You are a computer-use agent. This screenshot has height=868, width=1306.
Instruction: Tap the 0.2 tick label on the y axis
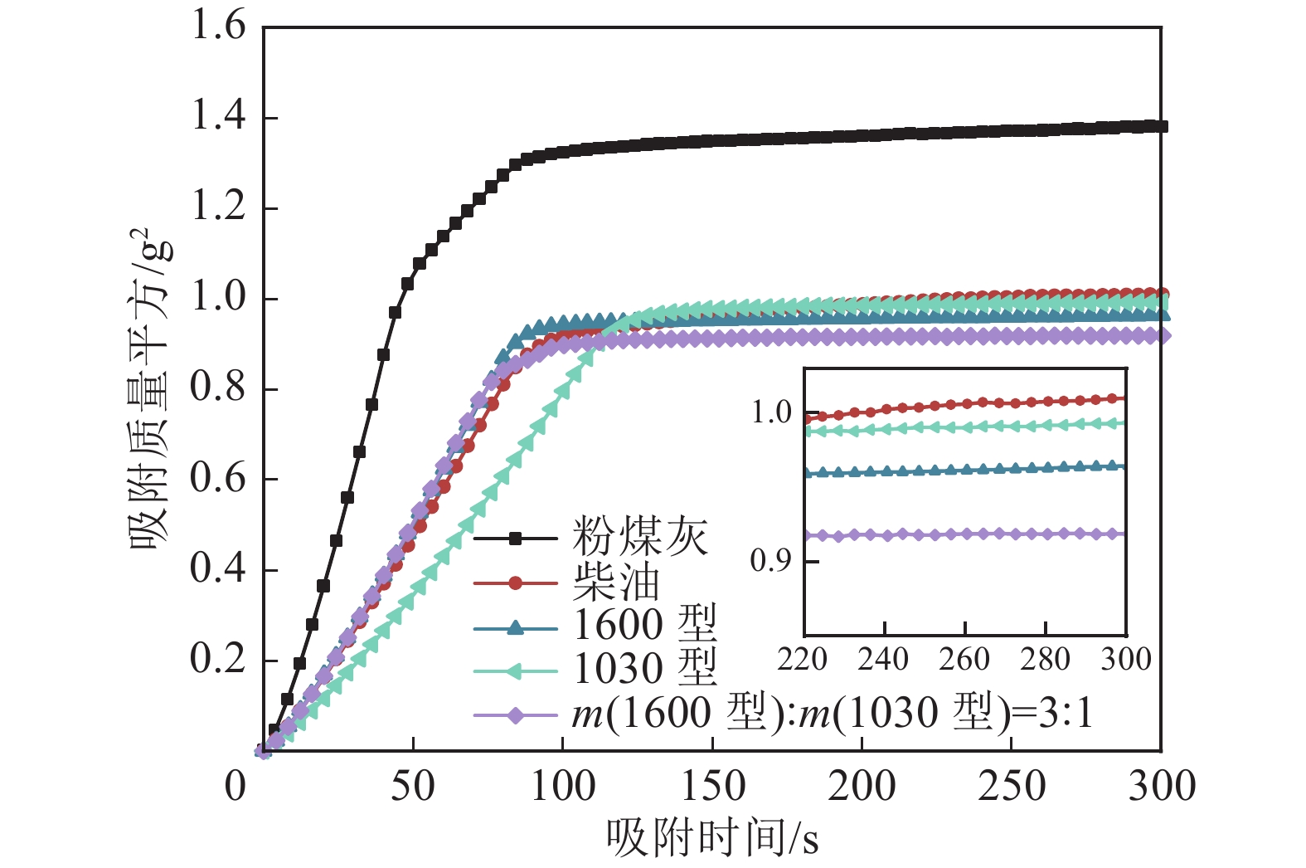point(219,660)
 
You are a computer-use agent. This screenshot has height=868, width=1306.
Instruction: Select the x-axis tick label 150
point(712,787)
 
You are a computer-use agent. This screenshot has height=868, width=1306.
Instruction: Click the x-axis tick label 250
point(1012,787)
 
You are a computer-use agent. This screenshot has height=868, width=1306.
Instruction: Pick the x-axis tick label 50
point(413,787)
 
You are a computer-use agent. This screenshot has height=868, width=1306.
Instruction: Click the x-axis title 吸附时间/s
point(712,838)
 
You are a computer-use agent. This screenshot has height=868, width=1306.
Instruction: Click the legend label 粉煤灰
point(639,538)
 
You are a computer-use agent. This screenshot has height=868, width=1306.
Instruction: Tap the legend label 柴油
point(615,583)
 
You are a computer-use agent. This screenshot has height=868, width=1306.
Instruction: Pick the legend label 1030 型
point(644,669)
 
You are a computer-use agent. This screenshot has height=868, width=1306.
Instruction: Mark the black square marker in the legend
point(515,539)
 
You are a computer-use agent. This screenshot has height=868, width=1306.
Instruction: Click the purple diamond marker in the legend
point(515,714)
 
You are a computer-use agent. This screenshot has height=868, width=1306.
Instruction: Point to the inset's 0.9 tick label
point(770,562)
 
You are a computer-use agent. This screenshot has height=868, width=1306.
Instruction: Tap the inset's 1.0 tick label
point(772,412)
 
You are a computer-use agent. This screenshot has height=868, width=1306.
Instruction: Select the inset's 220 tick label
point(803,660)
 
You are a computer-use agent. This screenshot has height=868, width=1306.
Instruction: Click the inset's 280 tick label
point(1045,660)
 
